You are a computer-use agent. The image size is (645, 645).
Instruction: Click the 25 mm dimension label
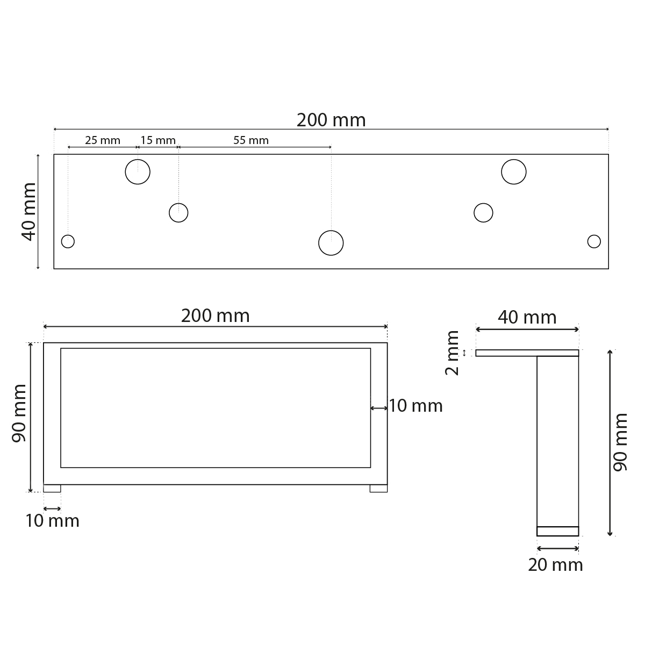pyautogui.click(x=102, y=140)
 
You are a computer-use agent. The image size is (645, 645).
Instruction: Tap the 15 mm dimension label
pyautogui.click(x=158, y=140)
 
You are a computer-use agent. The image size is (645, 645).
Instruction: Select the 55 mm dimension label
pyautogui.click(x=251, y=140)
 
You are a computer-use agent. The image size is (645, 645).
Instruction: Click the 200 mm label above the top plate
pyautogui.click(x=331, y=120)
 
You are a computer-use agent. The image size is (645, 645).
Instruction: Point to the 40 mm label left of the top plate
pyautogui.click(x=29, y=211)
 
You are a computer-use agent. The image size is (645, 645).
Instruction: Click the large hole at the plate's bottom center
pyautogui.click(x=331, y=242)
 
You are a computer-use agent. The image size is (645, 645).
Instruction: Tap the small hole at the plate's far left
pyautogui.click(x=68, y=241)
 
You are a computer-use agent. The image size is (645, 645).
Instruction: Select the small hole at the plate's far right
pyautogui.click(x=594, y=241)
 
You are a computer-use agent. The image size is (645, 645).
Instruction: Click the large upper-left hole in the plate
pyautogui.click(x=138, y=172)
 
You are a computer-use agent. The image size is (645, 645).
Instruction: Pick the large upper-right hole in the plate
pyautogui.click(x=514, y=172)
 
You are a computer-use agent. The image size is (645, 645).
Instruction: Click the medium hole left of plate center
pyautogui.click(x=178, y=213)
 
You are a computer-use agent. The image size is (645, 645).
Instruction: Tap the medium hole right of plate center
pyautogui.click(x=483, y=213)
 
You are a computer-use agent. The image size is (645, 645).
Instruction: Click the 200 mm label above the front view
pyautogui.click(x=215, y=316)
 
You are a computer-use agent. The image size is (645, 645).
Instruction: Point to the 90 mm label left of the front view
pyautogui.click(x=20, y=413)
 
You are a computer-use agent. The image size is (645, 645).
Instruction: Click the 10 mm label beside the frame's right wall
pyautogui.click(x=415, y=406)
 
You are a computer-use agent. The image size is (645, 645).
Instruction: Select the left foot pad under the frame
pyautogui.click(x=52, y=489)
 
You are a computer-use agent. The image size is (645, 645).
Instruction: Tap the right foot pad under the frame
pyautogui.click(x=378, y=489)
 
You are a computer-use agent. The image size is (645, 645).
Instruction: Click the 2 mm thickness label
pyautogui.click(x=453, y=353)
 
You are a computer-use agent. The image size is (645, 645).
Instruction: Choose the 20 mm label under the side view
pyautogui.click(x=555, y=565)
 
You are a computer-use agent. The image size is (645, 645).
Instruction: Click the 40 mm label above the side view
pyautogui.click(x=527, y=318)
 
